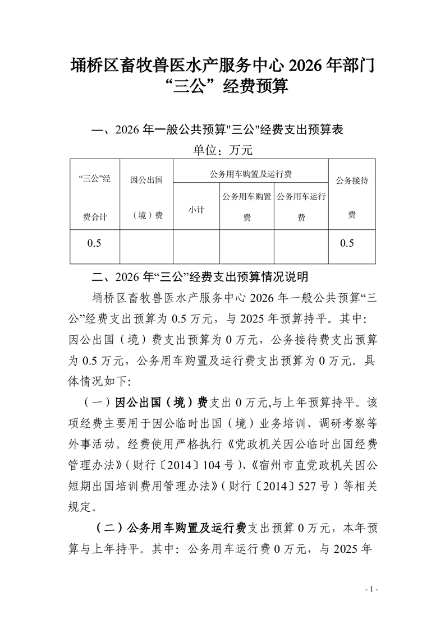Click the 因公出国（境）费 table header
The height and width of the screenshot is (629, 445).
coord(146,197)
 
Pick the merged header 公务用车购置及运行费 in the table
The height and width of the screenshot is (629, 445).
coord(250,174)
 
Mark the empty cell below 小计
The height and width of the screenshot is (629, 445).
coord(196,246)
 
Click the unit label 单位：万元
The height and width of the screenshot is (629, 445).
coord(223,150)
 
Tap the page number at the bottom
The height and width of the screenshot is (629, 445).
coord(371,589)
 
